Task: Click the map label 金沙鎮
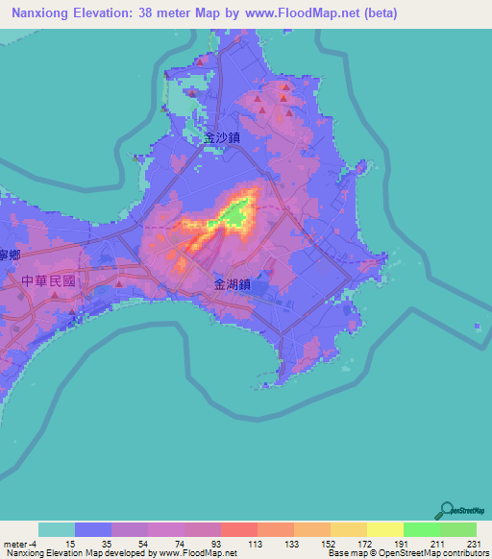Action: click(221, 137)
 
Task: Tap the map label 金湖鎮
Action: click(233, 284)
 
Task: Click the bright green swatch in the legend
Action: click(421, 529)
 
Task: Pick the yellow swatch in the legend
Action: click(384, 529)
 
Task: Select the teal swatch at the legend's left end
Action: click(57, 529)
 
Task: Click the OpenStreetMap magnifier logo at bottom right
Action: click(447, 511)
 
